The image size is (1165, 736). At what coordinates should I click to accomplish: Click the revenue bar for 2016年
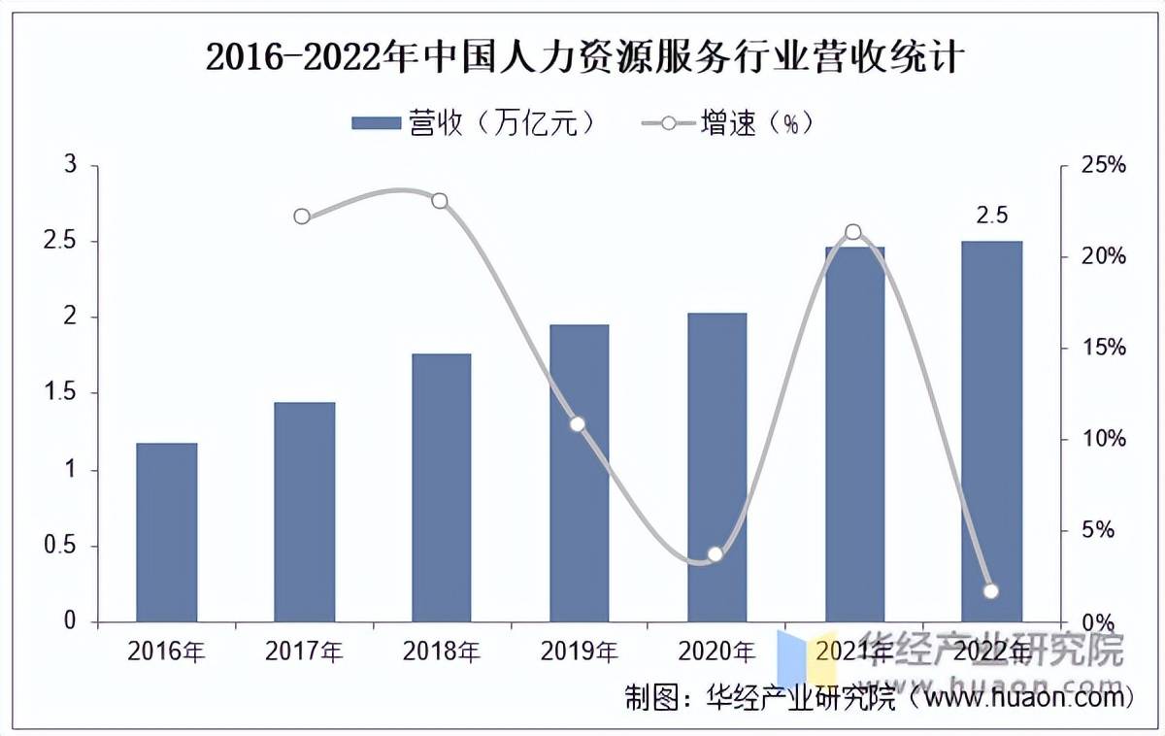tap(166, 532)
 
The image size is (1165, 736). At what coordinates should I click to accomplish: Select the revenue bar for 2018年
tap(442, 487)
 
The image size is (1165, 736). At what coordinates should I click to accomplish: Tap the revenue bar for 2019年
tap(580, 473)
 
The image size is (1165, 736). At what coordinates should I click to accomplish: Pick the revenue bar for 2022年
tap(992, 431)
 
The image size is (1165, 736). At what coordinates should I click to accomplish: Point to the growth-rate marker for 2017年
tap(302, 216)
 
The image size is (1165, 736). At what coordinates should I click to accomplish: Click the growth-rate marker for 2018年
tap(440, 201)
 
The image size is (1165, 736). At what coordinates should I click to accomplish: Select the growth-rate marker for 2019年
tap(578, 424)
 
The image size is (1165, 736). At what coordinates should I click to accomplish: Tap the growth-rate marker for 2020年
tap(716, 554)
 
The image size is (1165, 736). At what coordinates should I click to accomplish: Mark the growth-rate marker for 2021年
tap(853, 232)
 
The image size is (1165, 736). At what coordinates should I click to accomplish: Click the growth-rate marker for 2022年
tap(991, 591)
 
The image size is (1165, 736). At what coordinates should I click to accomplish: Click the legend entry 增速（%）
tap(728, 123)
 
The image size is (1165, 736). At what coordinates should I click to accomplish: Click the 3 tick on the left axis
tap(70, 165)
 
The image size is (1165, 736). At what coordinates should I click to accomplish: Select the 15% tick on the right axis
tap(1104, 348)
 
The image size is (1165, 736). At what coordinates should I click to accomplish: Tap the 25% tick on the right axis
tap(1104, 165)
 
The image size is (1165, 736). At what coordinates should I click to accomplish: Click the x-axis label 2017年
tap(304, 650)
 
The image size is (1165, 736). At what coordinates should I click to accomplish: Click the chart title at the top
tap(582, 58)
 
